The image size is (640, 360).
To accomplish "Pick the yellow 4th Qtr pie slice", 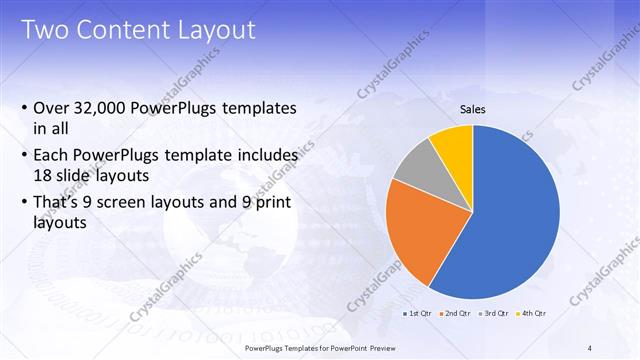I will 452,144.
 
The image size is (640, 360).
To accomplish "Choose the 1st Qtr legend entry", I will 418,313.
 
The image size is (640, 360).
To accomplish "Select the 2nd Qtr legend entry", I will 457,313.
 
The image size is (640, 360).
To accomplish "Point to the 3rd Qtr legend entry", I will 495,313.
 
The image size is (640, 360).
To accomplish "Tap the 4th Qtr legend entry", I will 533,313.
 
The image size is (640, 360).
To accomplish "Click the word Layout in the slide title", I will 216,30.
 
